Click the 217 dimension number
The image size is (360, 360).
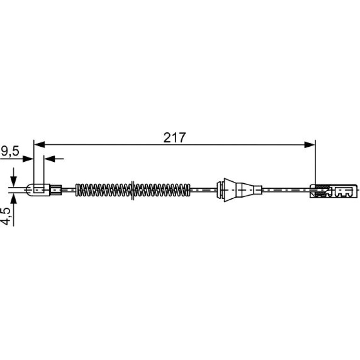click(x=174, y=138)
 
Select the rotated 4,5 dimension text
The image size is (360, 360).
click(x=6, y=216)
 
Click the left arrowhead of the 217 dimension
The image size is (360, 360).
click(x=39, y=144)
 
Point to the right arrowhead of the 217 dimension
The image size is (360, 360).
click(x=310, y=145)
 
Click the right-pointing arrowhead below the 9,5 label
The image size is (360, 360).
click(x=28, y=158)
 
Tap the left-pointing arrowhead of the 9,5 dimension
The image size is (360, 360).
click(x=49, y=158)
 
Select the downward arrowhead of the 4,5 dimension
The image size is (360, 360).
click(x=14, y=181)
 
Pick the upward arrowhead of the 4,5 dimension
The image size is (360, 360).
click(x=14, y=199)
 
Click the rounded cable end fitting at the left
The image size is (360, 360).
click(x=38, y=190)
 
